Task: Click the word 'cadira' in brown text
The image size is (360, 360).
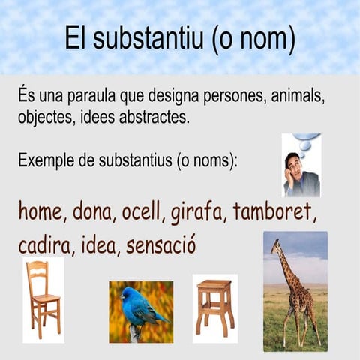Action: click(x=43, y=245)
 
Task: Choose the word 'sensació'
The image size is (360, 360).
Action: click(x=160, y=245)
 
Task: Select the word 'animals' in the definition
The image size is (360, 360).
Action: click(x=304, y=99)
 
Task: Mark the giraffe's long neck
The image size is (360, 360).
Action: click(x=285, y=266)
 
